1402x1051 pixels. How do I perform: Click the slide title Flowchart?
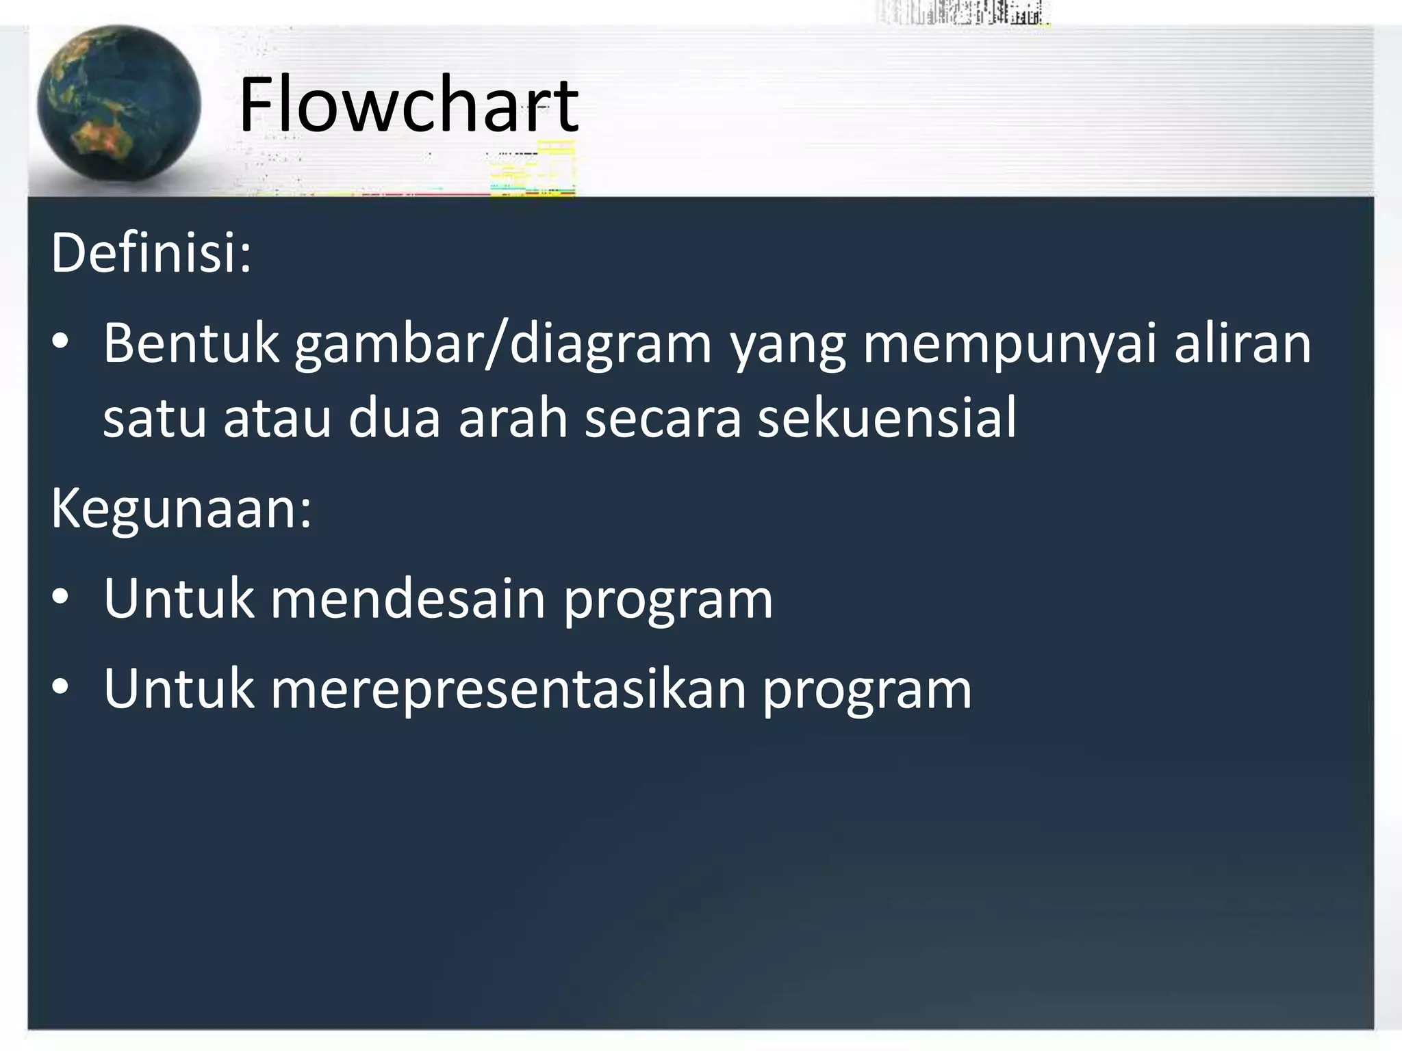[409, 106]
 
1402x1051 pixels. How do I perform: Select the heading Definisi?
[151, 253]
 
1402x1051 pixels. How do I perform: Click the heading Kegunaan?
[181, 509]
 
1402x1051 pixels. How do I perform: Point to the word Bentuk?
[191, 343]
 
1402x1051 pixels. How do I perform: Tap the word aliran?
[1242, 343]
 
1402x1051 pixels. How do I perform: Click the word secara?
[663, 419]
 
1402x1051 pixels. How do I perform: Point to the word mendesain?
[408, 599]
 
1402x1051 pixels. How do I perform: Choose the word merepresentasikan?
[509, 690]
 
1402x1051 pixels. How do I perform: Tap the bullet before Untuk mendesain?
[60, 599]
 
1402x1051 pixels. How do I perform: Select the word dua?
[394, 419]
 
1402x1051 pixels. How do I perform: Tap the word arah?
[513, 419]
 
